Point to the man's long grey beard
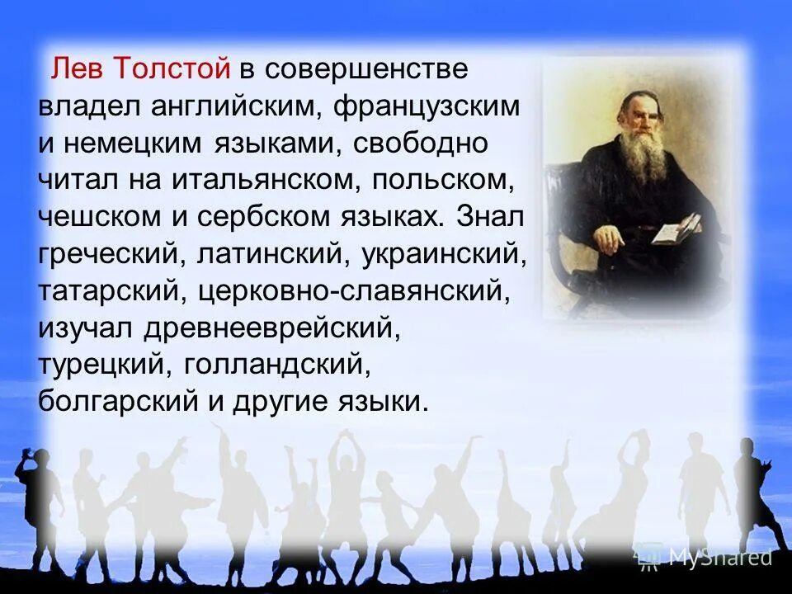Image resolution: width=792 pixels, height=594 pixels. click(x=643, y=157)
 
